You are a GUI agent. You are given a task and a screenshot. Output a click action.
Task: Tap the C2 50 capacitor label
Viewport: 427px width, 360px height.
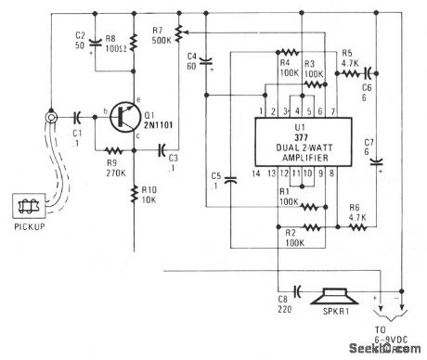click(x=80, y=39)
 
